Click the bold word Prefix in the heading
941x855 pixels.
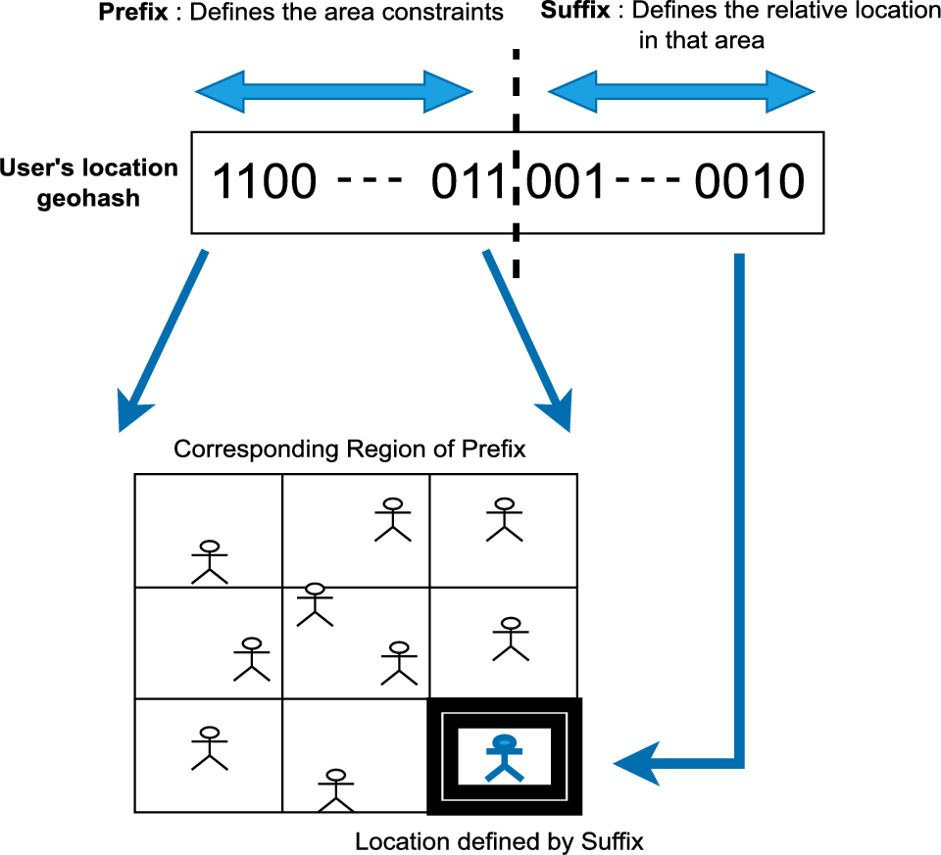129,13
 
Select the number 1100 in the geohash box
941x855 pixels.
265,182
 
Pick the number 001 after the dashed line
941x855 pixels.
566,182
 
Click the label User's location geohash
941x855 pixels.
90,183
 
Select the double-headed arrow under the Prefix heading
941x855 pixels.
334,92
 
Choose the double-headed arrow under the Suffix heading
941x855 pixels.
681,92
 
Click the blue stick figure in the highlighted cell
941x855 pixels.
504,757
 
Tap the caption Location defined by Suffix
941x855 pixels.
498,841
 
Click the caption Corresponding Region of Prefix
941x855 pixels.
350,450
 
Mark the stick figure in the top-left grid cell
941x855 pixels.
209,561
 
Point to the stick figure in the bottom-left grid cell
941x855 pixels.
208,747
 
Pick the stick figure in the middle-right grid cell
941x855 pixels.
509,638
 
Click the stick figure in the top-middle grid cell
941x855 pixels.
393,519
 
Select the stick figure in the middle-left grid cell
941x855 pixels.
252,659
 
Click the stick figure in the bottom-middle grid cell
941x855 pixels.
336,789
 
